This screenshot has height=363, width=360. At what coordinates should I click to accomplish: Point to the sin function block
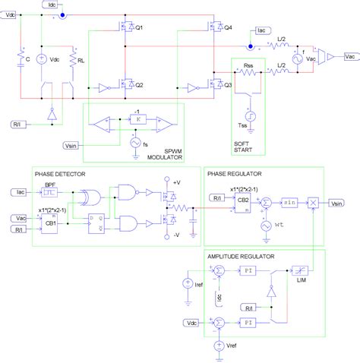289,204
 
